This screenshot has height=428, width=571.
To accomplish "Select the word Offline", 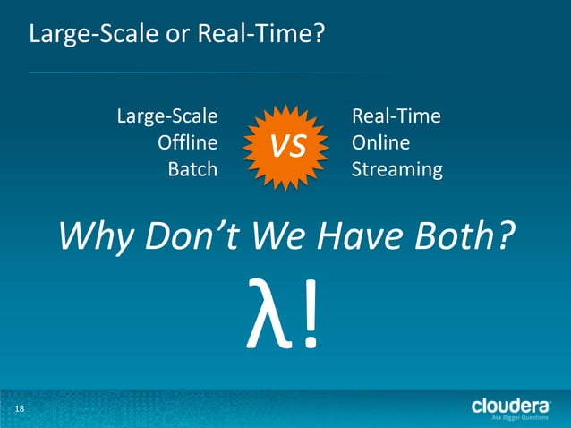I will point(187,142).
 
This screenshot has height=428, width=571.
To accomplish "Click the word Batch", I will point(192,168).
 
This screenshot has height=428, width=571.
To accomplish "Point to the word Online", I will point(380,142).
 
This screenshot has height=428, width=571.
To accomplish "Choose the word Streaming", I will point(396,168).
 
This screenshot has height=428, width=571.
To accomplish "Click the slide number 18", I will point(19,409).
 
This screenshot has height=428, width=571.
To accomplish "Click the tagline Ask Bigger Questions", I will point(521,418).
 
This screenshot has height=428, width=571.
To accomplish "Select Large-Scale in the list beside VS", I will point(167,116).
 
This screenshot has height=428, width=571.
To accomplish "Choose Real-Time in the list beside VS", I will point(396,116).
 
